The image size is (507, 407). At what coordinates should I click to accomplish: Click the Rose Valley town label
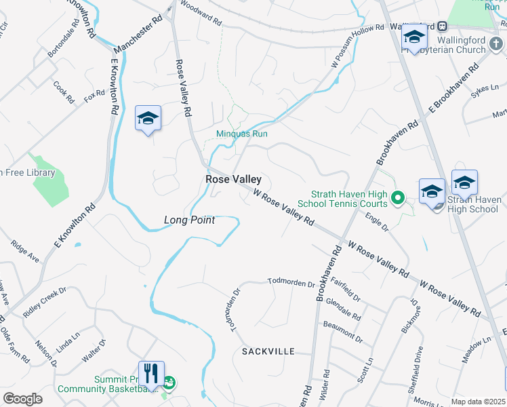tap(233, 180)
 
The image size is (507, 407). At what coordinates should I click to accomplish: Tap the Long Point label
tap(189, 220)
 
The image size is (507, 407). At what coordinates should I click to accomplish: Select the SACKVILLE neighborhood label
tap(268, 351)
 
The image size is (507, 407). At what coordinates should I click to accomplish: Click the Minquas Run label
tap(241, 134)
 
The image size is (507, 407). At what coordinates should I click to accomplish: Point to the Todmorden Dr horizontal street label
tap(291, 282)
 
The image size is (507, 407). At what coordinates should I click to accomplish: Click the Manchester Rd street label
tap(139, 36)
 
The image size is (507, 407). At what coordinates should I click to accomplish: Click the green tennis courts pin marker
tap(398, 199)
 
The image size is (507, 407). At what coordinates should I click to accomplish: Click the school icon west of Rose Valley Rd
tap(148, 119)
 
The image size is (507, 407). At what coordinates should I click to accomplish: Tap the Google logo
tap(22, 398)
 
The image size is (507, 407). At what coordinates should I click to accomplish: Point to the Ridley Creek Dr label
tap(44, 303)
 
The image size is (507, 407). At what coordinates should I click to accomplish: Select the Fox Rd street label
tap(95, 96)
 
